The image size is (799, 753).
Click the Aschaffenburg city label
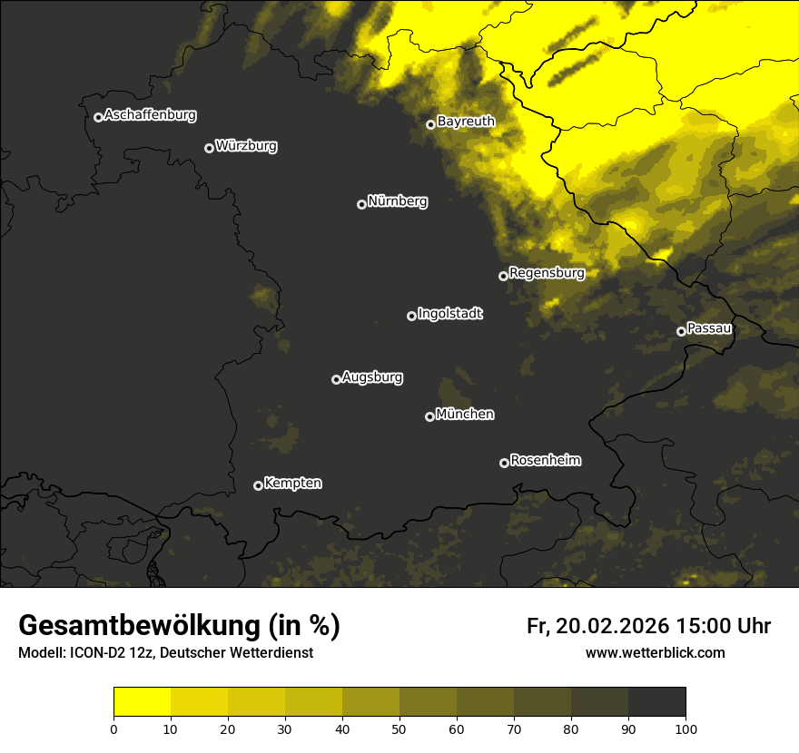tap(150, 115)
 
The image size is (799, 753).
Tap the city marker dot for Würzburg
tap(209, 148)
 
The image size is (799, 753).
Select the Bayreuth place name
tap(466, 121)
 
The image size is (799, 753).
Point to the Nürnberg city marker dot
tap(361, 204)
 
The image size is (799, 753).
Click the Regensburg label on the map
tap(547, 272)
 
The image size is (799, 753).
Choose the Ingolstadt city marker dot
tap(411, 316)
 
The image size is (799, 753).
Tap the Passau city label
tap(709, 328)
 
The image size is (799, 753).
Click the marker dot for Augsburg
tap(336, 379)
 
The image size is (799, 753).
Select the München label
tap(465, 414)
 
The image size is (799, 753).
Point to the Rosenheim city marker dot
tap(504, 463)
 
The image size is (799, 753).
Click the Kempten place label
tap(292, 483)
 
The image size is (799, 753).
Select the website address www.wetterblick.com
tap(655, 652)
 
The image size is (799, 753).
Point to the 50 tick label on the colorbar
tap(399, 729)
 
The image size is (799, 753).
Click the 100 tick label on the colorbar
tap(685, 729)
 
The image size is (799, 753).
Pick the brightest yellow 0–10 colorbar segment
tap(143, 701)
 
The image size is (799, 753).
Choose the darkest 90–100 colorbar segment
tap(656, 701)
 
